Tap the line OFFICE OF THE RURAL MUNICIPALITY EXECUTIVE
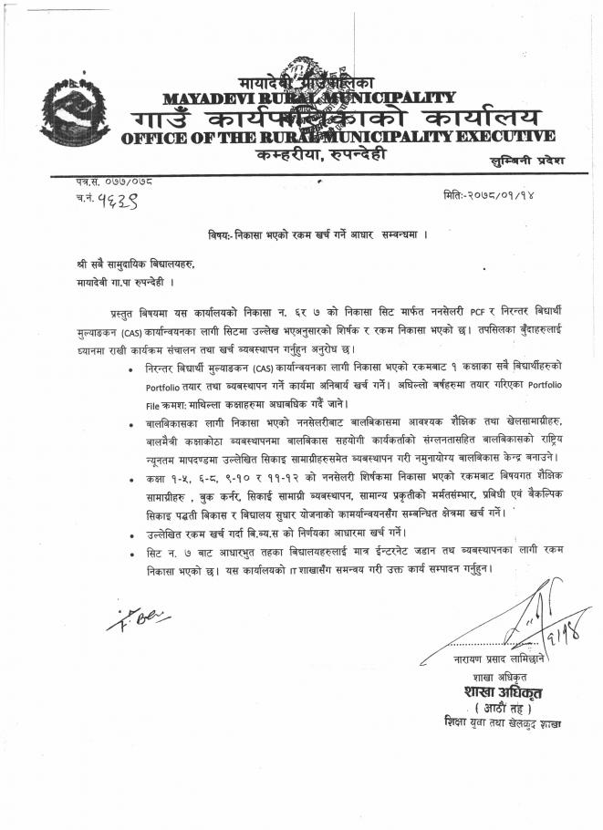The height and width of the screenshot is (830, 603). coord(337,137)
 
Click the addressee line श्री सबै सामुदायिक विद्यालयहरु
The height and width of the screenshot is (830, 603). coord(136,263)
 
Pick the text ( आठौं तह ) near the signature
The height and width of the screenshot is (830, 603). coord(501,707)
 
